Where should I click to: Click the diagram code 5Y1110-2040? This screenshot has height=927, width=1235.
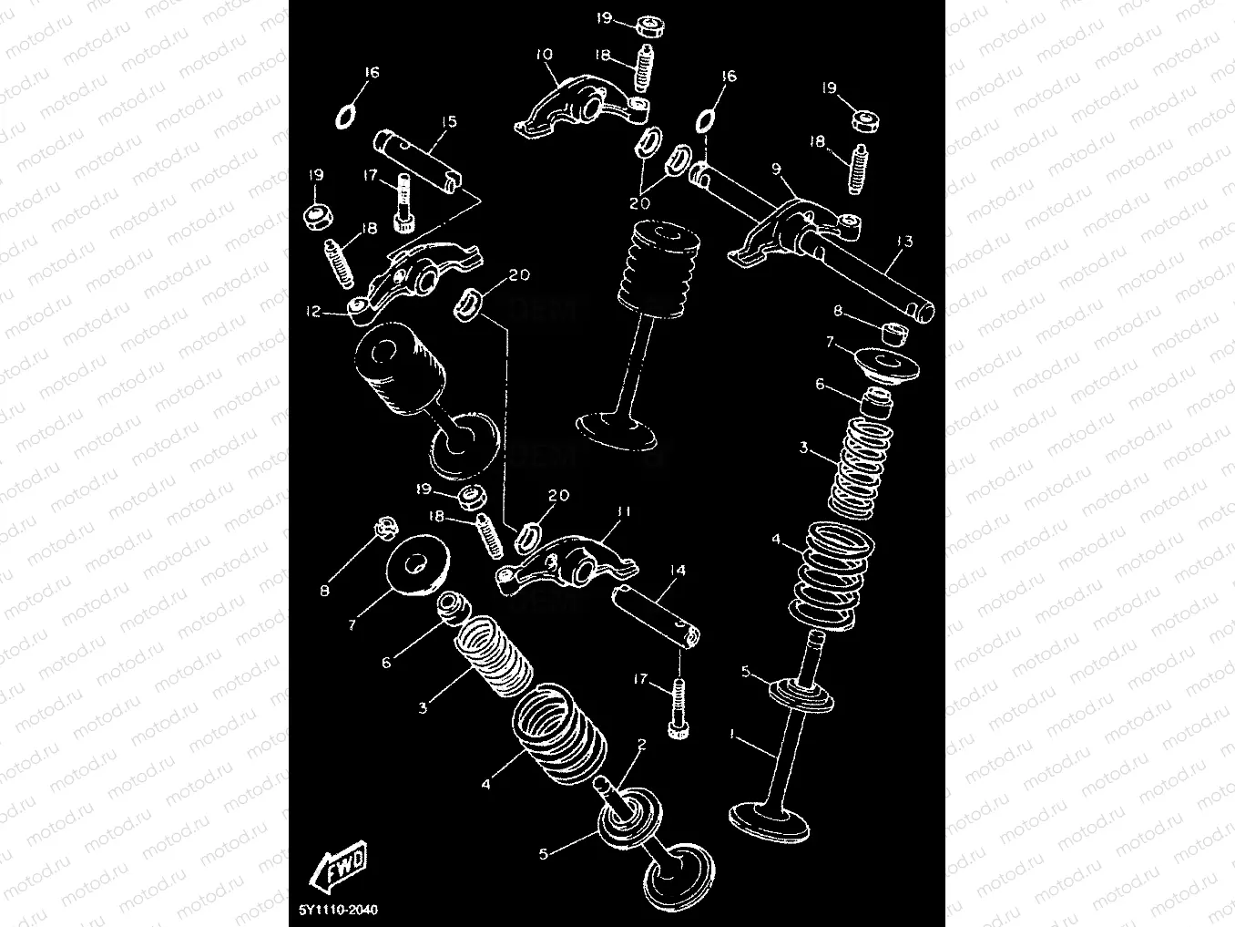click(338, 910)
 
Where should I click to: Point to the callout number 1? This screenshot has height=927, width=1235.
click(732, 732)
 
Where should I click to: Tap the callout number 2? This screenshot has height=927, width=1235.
click(641, 745)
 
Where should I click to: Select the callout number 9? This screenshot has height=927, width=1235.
click(776, 169)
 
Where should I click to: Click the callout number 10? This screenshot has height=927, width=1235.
click(545, 55)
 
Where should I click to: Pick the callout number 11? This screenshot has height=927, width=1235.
click(623, 513)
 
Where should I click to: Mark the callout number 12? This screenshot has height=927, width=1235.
click(313, 312)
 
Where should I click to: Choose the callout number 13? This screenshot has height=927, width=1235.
click(903, 242)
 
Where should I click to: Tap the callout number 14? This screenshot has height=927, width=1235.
click(677, 572)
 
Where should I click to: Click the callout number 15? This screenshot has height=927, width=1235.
click(448, 122)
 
